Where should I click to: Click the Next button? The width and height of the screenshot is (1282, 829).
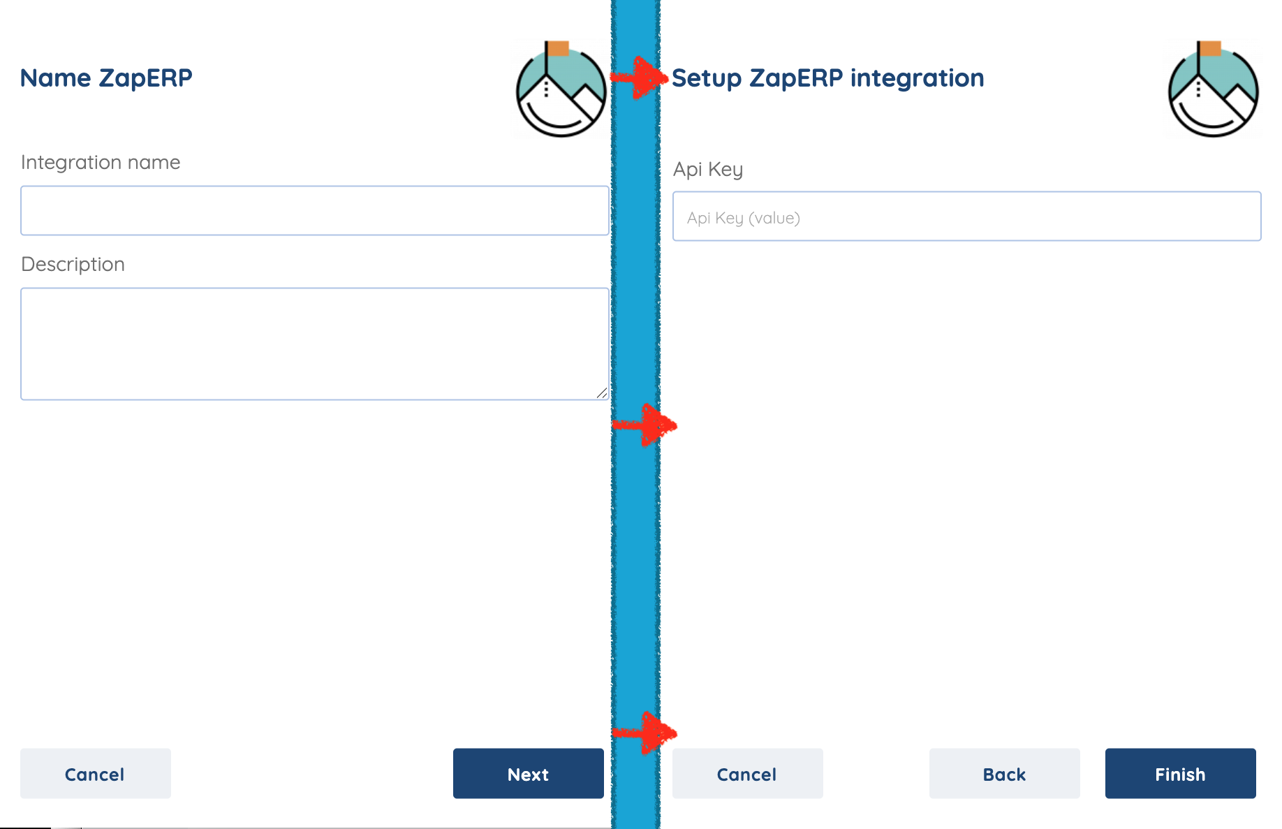coord(528,773)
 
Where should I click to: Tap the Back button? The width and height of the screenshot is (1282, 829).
coord(1004,773)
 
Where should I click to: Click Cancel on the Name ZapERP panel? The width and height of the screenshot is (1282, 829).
coord(95,773)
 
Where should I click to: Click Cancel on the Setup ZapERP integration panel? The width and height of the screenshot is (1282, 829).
coord(747,773)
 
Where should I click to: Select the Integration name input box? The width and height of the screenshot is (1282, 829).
coord(314,210)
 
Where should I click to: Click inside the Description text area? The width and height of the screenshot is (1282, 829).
coord(314,343)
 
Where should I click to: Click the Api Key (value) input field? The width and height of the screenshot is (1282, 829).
coord(966,217)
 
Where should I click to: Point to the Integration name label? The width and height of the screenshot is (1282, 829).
coord(101,162)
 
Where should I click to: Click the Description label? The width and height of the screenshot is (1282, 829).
coord(73,264)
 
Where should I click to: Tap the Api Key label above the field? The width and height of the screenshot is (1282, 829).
coord(707,169)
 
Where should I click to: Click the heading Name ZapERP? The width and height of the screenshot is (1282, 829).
coord(106,78)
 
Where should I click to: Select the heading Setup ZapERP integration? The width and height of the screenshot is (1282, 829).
coord(827,78)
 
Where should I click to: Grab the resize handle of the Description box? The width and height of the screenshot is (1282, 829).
coord(602,393)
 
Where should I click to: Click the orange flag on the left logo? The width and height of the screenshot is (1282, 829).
coord(558,48)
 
